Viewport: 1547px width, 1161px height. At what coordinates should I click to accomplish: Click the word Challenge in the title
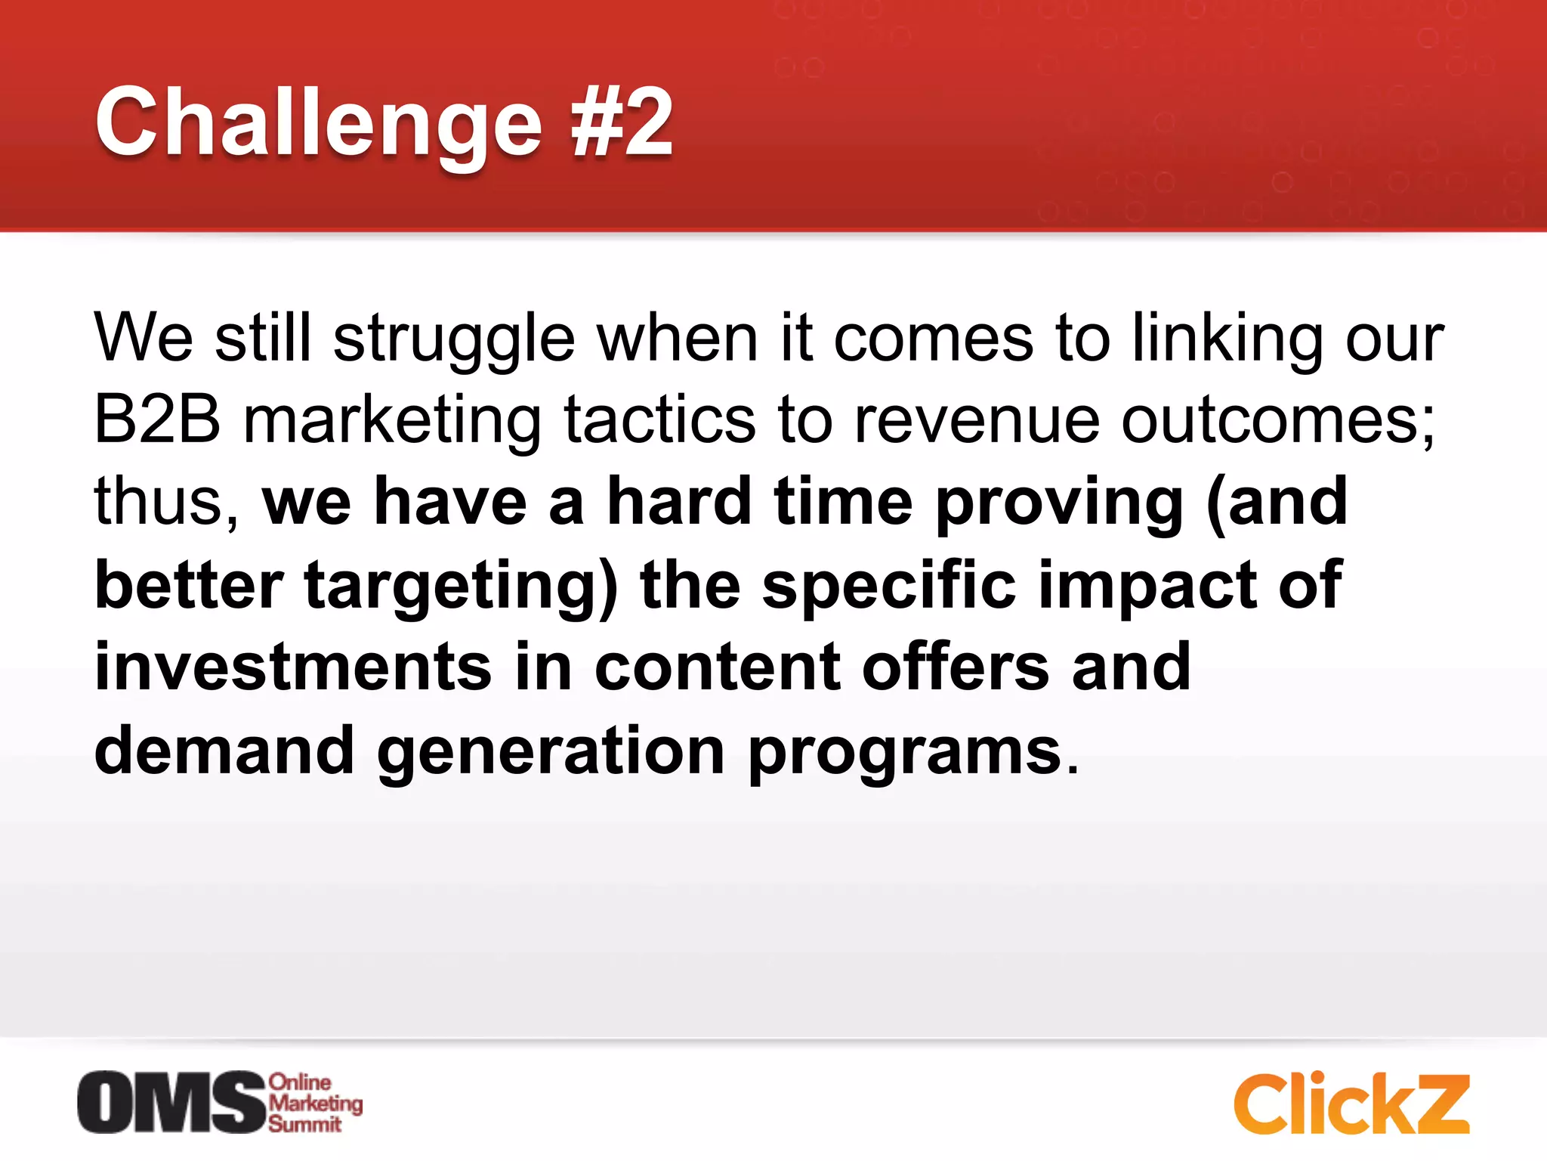(317, 123)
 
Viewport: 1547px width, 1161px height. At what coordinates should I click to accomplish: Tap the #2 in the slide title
(621, 123)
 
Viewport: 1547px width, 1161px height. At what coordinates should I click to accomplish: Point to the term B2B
(157, 420)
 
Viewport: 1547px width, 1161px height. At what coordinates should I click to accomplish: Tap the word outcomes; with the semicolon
(1277, 420)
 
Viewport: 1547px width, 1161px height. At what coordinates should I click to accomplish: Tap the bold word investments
(293, 667)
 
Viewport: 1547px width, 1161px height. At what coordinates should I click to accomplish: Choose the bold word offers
(955, 667)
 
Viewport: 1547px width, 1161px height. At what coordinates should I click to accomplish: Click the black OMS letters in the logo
(171, 1103)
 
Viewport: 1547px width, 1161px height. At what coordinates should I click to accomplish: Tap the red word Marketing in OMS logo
(316, 1104)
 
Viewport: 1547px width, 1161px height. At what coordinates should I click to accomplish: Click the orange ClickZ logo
(1351, 1104)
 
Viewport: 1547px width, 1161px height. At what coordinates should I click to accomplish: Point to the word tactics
(659, 420)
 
